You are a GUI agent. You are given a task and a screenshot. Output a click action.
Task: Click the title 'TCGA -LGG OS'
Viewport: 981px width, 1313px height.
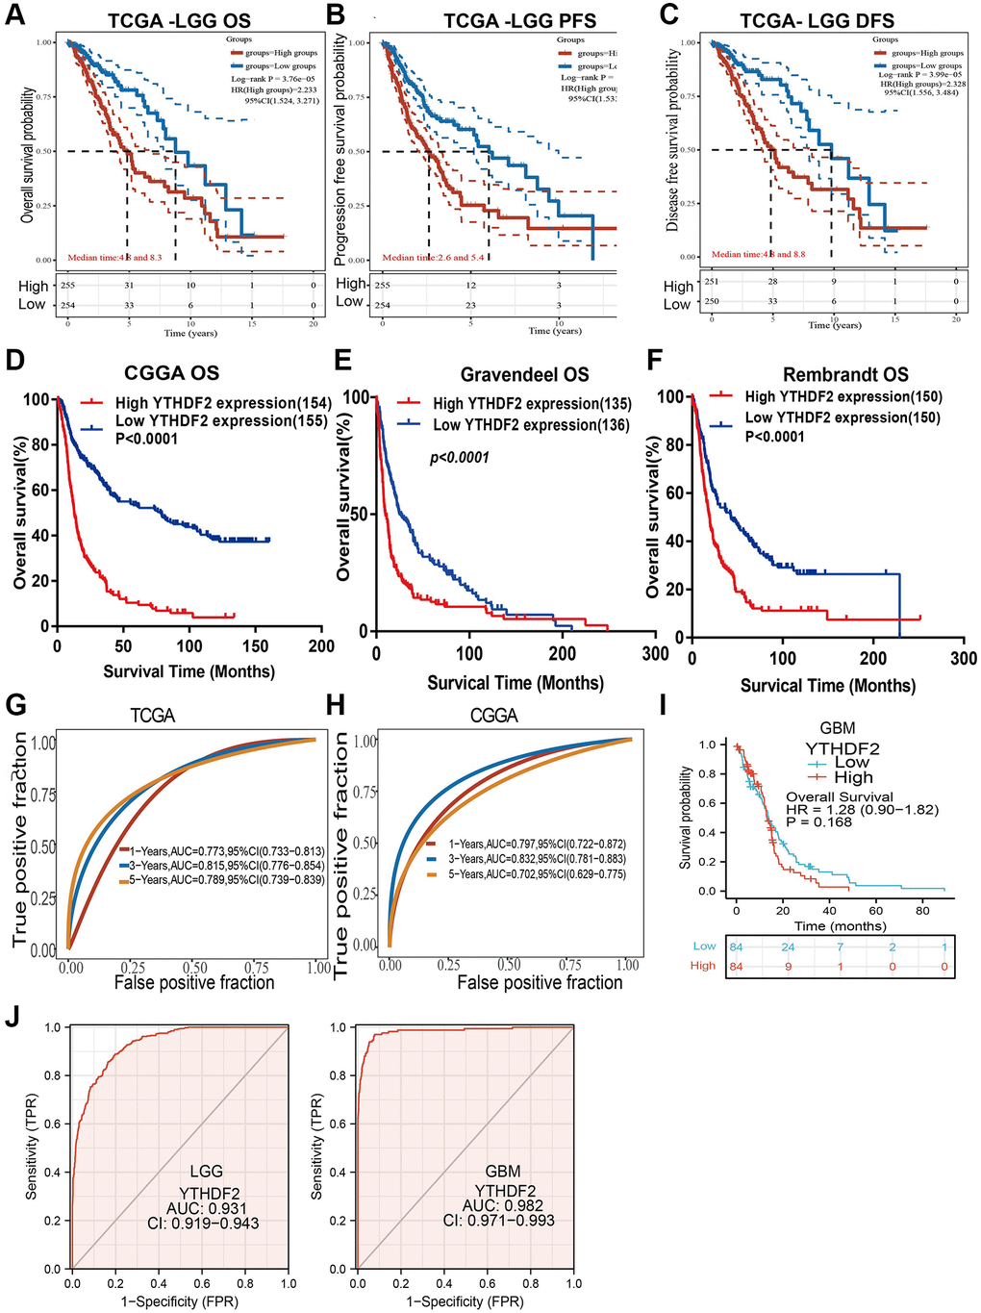click(179, 20)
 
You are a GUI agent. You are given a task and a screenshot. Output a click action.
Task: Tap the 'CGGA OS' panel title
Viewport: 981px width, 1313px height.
click(172, 373)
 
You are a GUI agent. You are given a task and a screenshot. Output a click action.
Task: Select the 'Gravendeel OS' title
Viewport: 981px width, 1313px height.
click(524, 374)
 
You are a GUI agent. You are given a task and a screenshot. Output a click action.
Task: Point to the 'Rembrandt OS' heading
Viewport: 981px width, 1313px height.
click(845, 374)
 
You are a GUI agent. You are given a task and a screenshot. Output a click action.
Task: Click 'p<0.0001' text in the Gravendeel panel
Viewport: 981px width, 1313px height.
click(459, 458)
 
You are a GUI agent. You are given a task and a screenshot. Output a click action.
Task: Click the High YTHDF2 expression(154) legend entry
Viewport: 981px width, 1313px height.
click(223, 403)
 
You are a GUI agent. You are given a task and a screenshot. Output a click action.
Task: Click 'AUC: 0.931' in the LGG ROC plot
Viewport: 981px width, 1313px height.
click(207, 1208)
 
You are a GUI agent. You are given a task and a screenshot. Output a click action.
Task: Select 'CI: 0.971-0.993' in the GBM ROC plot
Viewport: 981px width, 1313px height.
click(498, 1221)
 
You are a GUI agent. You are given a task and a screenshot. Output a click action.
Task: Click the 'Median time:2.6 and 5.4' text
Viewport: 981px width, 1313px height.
click(433, 258)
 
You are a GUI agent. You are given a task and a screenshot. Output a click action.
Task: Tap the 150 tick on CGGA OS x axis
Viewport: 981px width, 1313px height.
click(256, 646)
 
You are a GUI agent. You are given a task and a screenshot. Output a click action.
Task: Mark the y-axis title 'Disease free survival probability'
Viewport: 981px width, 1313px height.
click(672, 140)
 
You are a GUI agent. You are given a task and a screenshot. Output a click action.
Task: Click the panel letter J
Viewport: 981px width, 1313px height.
click(13, 1018)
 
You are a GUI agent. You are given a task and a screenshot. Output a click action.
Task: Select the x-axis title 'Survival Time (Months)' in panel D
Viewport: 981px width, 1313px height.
click(189, 671)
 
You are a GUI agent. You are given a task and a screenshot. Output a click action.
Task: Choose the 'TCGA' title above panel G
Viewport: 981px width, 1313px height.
click(152, 716)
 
